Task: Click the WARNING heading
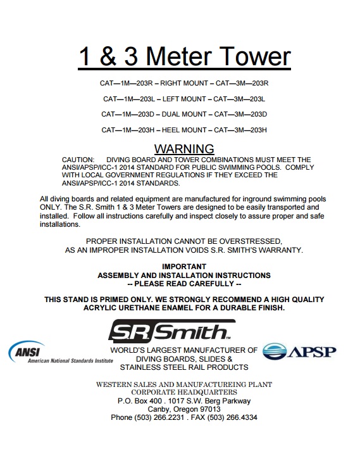(x=184, y=149)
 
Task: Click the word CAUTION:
(x=78, y=160)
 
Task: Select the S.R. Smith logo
(x=171, y=331)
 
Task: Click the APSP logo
(x=299, y=351)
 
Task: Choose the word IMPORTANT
(x=184, y=267)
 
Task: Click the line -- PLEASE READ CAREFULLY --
(x=184, y=284)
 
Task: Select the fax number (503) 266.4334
(x=233, y=417)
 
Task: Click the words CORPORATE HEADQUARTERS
(x=184, y=393)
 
